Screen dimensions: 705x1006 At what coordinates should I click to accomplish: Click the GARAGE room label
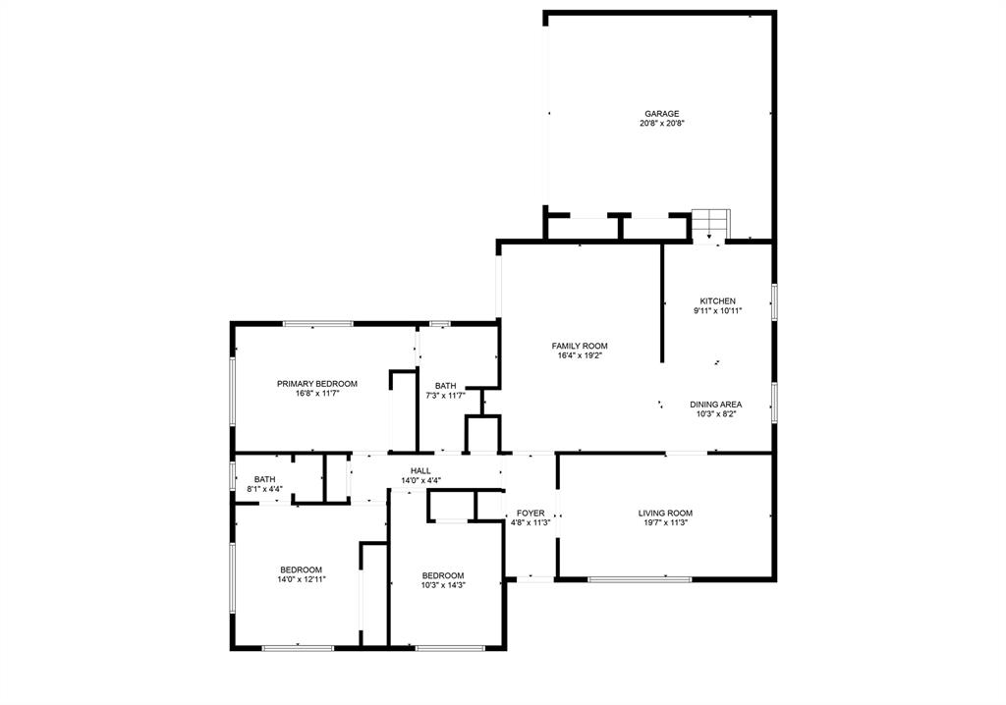point(661,114)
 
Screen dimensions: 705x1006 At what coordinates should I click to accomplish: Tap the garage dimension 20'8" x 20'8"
point(661,124)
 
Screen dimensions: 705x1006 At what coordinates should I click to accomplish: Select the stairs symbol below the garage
point(709,224)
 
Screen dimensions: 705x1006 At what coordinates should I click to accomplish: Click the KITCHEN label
point(717,301)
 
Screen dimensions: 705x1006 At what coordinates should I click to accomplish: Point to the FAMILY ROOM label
point(579,346)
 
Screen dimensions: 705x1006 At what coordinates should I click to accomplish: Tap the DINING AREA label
point(715,405)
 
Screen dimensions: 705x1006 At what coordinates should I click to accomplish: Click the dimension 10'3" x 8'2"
point(715,414)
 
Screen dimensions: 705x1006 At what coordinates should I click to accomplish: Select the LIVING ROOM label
point(665,513)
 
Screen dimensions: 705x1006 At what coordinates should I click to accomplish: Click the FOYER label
point(531,513)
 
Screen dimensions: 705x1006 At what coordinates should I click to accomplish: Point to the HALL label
point(420,471)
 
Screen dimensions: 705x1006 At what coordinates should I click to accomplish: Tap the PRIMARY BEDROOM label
point(316,384)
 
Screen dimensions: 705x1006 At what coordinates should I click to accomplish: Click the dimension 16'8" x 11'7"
point(316,394)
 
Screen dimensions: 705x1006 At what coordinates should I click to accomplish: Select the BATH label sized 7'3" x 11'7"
point(446,386)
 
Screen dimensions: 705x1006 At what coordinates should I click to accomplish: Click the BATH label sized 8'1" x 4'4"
point(264,479)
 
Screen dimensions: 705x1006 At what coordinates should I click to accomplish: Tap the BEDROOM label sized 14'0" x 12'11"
point(301,570)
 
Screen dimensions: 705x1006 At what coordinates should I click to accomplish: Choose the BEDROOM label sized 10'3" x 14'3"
point(443,575)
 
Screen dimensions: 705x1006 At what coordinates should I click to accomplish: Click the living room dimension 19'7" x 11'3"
point(665,522)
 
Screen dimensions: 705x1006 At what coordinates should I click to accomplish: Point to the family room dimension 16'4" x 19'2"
point(579,355)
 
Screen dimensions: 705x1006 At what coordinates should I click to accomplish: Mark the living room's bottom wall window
point(639,578)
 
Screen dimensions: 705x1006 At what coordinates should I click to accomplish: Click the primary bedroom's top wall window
point(317,323)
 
